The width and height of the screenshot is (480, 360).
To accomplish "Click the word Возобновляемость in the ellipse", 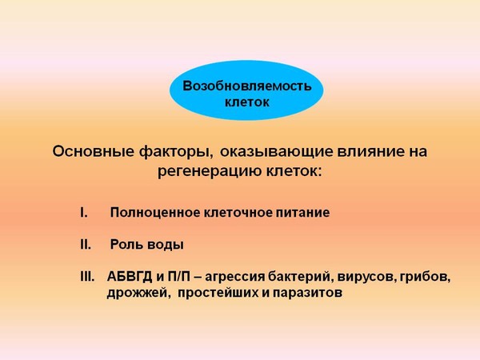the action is click(246, 86).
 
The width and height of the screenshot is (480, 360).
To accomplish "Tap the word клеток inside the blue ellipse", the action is click(246, 102).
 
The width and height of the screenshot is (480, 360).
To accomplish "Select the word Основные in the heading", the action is click(93, 151).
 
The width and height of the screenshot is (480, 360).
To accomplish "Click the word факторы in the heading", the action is click(176, 152).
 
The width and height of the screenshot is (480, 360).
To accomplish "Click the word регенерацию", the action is click(209, 171).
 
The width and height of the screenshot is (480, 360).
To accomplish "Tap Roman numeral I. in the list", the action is click(84, 213).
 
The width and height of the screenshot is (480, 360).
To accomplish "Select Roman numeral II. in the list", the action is click(86, 245).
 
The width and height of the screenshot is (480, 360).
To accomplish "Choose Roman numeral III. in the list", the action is click(87, 277).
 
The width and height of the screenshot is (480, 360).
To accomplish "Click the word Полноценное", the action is click(155, 213).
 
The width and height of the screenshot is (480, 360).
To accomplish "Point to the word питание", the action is click(303, 213).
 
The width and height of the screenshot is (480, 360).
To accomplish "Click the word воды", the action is click(166, 245).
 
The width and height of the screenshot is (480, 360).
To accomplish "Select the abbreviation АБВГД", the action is click(130, 277).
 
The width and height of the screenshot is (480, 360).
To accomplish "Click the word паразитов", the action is click(307, 294).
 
